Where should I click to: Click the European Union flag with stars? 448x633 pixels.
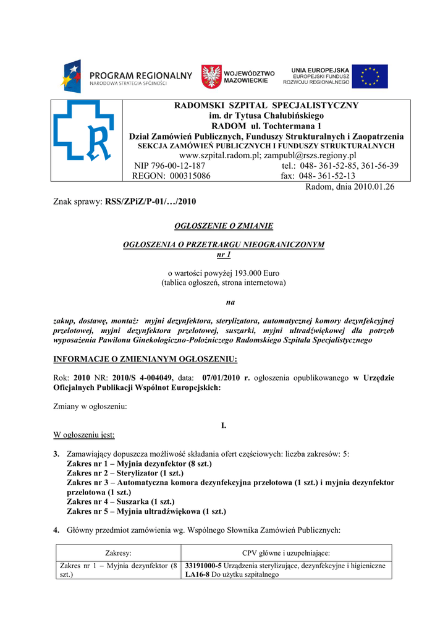point(370,77)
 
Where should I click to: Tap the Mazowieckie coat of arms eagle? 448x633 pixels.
point(211,77)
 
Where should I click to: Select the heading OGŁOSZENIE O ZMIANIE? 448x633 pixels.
point(224,226)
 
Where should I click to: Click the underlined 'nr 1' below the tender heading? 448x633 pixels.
point(224,254)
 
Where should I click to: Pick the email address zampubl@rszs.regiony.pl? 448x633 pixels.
point(310,155)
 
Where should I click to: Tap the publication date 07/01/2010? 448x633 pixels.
point(216,378)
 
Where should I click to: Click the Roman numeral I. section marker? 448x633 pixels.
point(224,426)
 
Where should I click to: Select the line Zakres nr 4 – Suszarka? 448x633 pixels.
point(120,501)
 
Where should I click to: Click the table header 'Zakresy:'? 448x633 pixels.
point(118,553)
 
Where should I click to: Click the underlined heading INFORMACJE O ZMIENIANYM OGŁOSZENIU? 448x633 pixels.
point(145,360)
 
